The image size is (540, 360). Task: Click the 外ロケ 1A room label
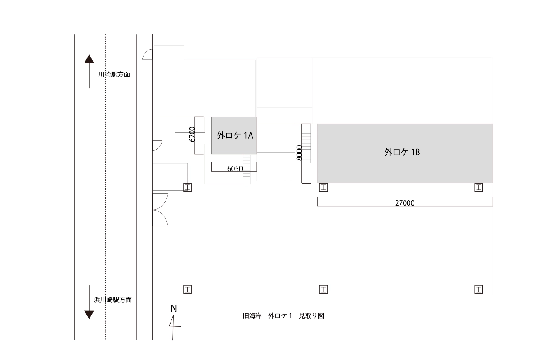[235, 135]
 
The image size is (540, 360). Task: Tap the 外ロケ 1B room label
[402, 152]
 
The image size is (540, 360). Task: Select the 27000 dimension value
[405, 203]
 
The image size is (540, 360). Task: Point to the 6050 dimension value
[235, 169]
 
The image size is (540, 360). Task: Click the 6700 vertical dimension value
[192, 134]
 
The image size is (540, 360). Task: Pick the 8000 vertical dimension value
[299, 153]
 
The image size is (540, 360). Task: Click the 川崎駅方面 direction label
[114, 74]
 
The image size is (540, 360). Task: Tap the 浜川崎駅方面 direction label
[113, 300]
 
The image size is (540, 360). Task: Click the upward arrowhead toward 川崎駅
[89, 59]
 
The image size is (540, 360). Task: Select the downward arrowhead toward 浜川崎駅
[89, 315]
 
